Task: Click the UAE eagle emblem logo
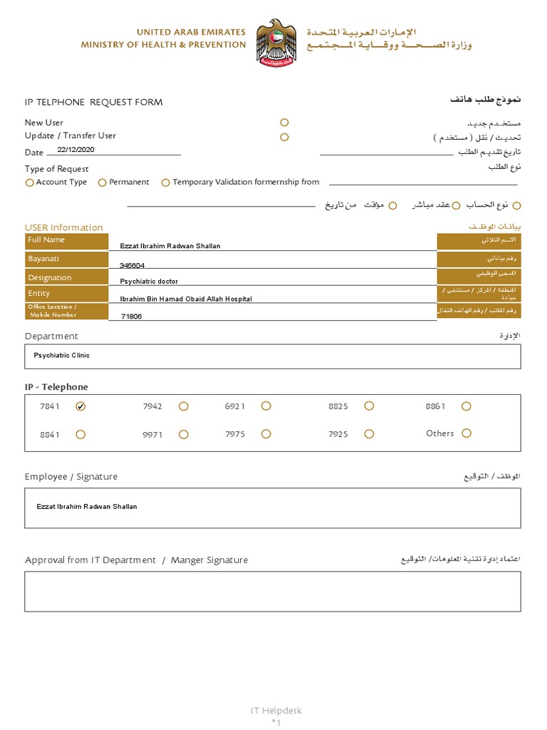click(x=276, y=43)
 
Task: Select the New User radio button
click(x=284, y=123)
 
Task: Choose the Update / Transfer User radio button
click(x=284, y=137)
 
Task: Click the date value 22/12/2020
click(x=75, y=150)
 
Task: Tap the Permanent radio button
click(x=103, y=182)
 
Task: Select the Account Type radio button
click(x=29, y=182)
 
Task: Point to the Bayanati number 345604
click(x=132, y=265)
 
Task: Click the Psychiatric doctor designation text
click(x=149, y=282)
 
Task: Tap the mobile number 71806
click(x=132, y=316)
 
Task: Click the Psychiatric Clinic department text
click(x=62, y=355)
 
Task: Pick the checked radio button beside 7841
click(x=80, y=406)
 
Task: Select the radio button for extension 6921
click(x=266, y=406)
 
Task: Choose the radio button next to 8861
click(x=466, y=406)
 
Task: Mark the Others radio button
click(x=467, y=433)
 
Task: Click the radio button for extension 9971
click(x=184, y=433)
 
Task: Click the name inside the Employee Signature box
click(x=87, y=506)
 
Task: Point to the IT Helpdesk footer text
click(x=276, y=711)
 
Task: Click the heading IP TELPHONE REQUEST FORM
click(x=94, y=102)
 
